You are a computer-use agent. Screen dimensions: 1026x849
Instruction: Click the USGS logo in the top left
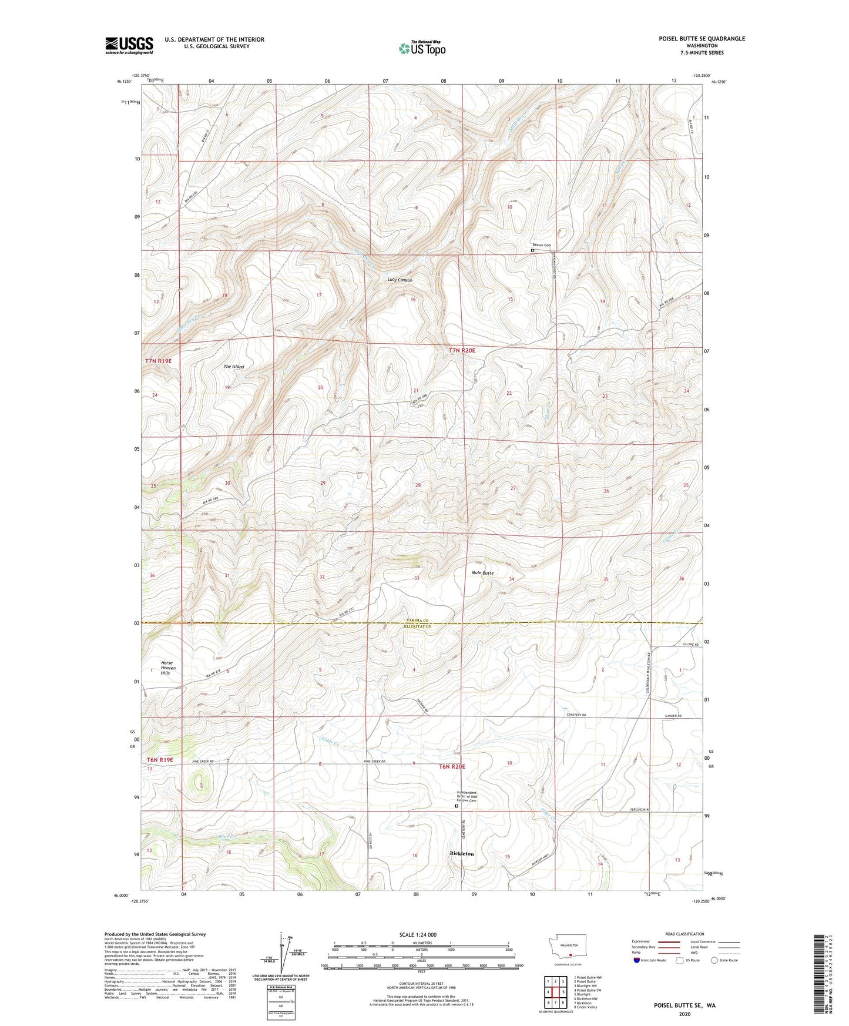pos(129,45)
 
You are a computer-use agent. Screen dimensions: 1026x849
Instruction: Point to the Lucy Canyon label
pos(400,280)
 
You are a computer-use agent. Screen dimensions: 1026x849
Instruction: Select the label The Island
pos(233,367)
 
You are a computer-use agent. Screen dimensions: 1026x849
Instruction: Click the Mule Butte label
pos(482,572)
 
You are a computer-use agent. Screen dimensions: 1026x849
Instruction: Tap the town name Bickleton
pos(461,853)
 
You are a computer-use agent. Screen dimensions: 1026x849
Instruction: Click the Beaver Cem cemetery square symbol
pos(532,250)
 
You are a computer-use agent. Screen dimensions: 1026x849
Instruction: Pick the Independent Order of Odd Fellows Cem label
pos(467,796)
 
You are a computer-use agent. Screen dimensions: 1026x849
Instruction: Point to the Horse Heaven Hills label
pos(166,668)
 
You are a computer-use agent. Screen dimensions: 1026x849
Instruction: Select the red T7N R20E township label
pos(462,350)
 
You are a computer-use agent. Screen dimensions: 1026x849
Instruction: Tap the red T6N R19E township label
pos(160,760)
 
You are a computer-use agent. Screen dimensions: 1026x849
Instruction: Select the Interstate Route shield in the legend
pos(637,960)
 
